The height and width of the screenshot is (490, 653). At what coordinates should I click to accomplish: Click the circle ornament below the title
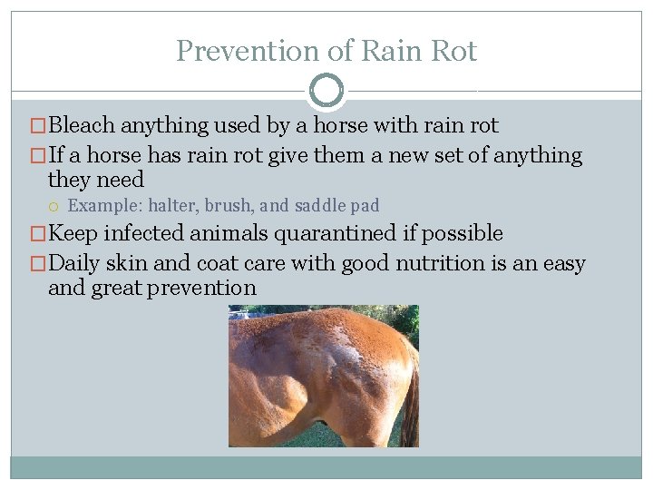coord(326,91)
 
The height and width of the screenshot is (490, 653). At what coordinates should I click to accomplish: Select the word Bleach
coord(83,125)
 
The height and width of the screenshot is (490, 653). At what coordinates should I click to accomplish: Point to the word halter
coord(171,206)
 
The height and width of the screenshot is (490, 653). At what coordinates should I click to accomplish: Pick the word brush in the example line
coord(227,206)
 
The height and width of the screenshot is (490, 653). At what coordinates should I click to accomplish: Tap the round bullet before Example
coord(56,206)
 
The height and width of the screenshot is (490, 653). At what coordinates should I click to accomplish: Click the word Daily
coord(75,264)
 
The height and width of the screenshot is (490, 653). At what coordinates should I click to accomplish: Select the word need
coord(121,180)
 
